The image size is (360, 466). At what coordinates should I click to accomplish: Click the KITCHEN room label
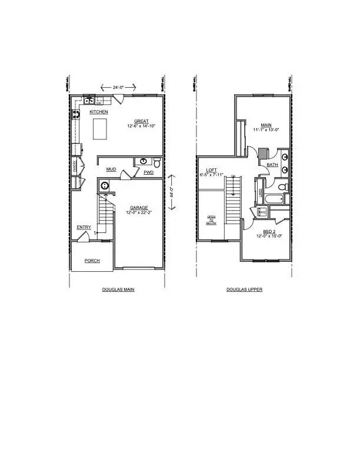pyautogui.click(x=98, y=112)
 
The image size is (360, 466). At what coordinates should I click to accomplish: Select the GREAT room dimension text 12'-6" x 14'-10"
pyautogui.click(x=141, y=126)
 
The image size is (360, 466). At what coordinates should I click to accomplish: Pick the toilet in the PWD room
pyautogui.click(x=155, y=162)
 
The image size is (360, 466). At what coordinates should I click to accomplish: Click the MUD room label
pyautogui.click(x=111, y=169)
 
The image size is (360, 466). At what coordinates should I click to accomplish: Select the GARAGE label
pyautogui.click(x=139, y=207)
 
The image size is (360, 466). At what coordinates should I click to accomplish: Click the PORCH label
pyautogui.click(x=92, y=260)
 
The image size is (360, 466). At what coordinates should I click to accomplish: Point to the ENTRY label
pyautogui.click(x=84, y=227)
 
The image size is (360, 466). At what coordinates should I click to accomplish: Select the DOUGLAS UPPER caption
pyautogui.click(x=244, y=289)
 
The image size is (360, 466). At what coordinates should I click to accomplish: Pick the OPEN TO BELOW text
pyautogui.click(x=211, y=221)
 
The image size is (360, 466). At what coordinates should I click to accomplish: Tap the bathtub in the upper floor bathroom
pyautogui.click(x=274, y=199)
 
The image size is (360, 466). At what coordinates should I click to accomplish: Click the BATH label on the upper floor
pyautogui.click(x=272, y=165)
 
